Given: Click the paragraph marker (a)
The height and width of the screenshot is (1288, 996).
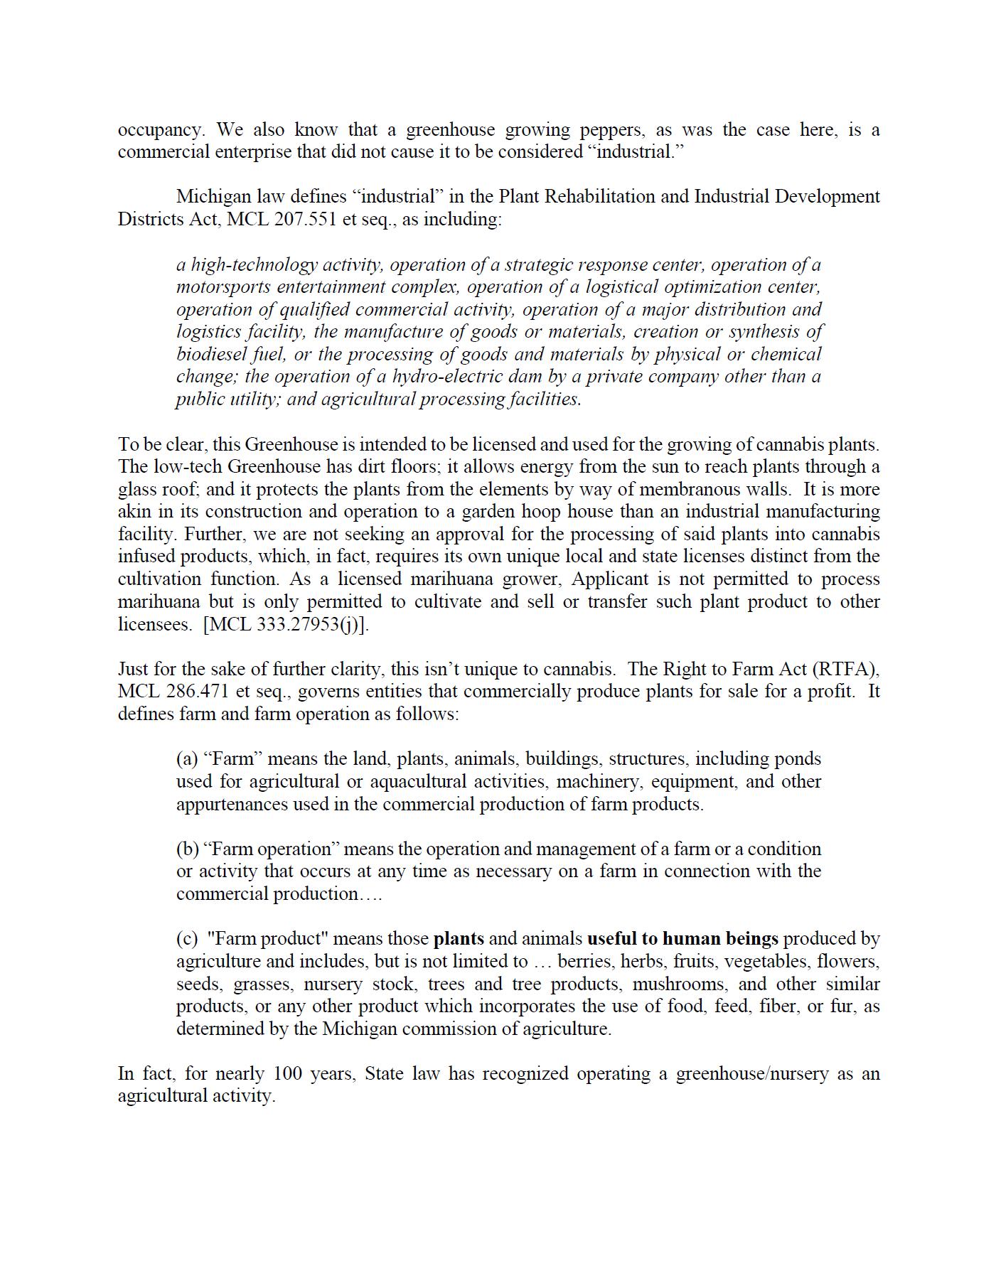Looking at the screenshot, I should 187,759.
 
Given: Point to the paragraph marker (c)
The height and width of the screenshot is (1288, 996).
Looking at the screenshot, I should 187,939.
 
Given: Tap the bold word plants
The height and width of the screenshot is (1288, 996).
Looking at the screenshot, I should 459,939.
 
